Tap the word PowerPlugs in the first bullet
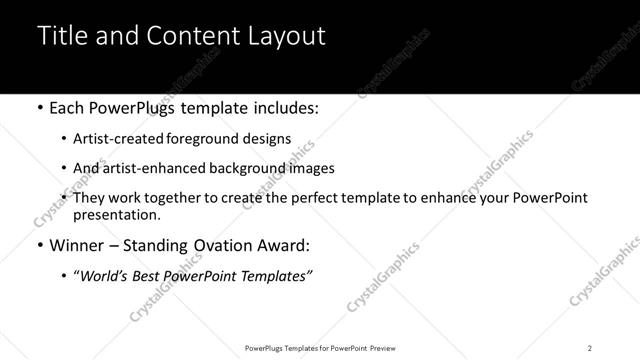coord(131,107)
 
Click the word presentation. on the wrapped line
coord(117,214)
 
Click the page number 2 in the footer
coord(590,347)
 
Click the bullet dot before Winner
coord(39,246)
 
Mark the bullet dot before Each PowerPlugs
coord(39,107)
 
